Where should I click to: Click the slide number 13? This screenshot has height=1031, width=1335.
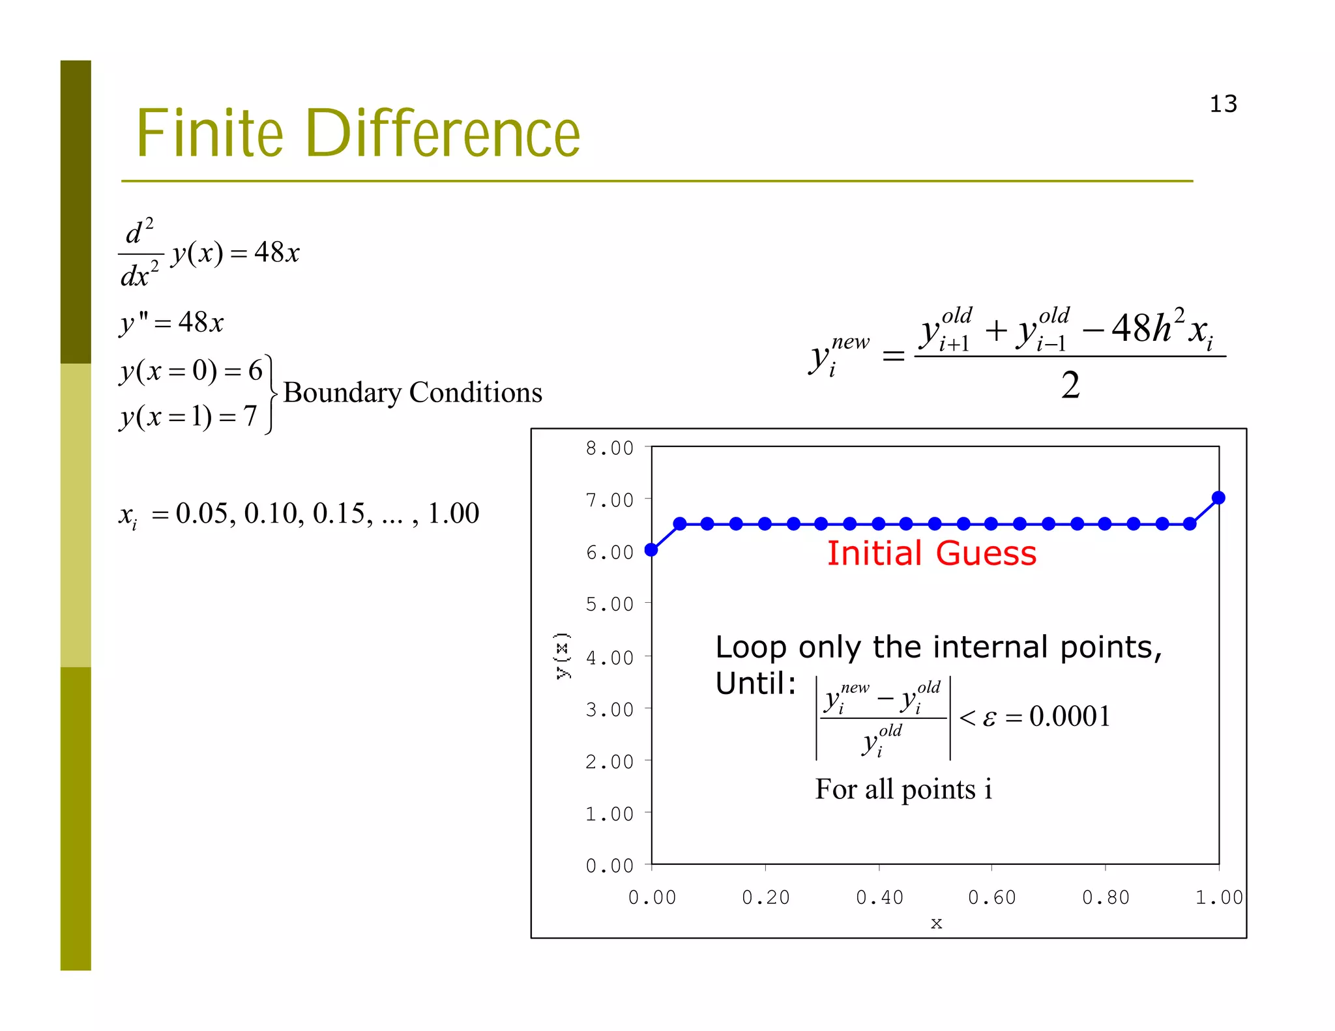1223,104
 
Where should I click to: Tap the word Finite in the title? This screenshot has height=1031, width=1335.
209,134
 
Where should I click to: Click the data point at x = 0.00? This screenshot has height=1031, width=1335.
651,550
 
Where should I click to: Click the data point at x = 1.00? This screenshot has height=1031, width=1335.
1218,499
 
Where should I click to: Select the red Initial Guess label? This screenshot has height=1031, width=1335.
932,553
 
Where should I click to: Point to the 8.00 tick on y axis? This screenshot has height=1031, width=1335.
609,448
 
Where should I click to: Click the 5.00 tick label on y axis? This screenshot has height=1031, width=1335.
609,604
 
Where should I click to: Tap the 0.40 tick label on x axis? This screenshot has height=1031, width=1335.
879,897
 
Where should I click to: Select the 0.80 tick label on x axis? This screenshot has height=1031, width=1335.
1106,897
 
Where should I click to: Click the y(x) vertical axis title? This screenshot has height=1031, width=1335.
563,656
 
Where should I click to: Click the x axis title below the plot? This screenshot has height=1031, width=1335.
936,923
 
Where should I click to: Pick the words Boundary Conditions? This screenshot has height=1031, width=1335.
413,392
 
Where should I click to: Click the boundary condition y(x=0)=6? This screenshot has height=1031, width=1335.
191,371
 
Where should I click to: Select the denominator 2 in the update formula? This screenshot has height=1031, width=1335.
1070,385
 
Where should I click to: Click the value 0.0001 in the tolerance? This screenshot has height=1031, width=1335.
1070,716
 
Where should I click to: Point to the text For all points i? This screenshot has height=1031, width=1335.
903,789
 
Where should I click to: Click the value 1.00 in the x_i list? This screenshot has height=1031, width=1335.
453,514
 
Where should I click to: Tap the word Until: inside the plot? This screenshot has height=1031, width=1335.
756,684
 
